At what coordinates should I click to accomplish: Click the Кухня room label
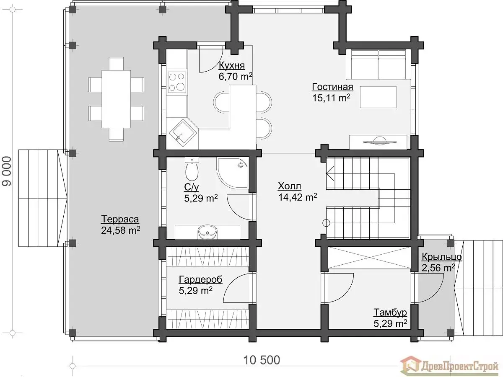tap(232, 65)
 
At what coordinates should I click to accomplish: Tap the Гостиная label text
tap(332, 87)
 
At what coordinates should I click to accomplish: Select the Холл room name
tap(289, 186)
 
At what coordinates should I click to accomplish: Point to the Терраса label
tap(120, 219)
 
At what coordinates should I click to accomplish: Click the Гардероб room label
tap(200, 280)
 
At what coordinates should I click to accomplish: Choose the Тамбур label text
tap(390, 312)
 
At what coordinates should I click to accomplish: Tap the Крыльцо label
tap(442, 257)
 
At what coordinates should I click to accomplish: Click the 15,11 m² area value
tap(331, 98)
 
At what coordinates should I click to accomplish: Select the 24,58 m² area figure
tap(121, 230)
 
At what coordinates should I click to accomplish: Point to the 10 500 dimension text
tap(262, 360)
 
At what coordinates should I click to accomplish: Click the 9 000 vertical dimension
tap(6, 171)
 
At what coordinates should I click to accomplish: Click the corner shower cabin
tap(232, 173)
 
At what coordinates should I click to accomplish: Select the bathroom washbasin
tap(207, 232)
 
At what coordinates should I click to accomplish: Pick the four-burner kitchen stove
tap(176, 82)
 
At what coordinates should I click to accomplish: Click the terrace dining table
tap(116, 99)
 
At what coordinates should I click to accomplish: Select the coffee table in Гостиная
tap(378, 97)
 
